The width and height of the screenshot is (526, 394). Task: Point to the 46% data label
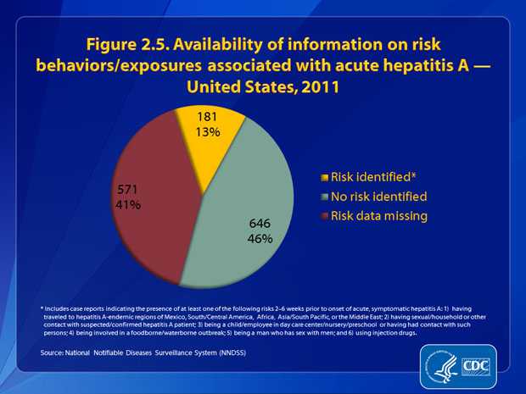260,239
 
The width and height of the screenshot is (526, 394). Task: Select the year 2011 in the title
317,86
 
